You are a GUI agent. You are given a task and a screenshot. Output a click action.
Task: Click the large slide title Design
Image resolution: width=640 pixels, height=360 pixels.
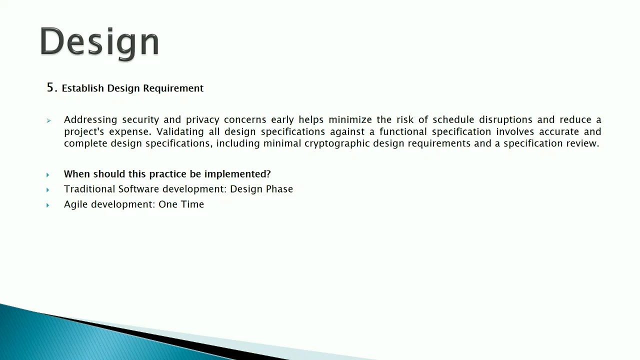[99, 42]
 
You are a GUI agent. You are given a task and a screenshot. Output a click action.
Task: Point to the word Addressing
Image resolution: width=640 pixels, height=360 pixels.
[90, 119]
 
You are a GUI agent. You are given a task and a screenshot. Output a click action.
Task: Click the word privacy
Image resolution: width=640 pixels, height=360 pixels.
[202, 119]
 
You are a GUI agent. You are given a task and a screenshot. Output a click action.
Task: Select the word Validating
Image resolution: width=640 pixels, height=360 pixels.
[180, 131]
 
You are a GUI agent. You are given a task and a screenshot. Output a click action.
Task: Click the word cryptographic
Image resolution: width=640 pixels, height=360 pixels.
[336, 143]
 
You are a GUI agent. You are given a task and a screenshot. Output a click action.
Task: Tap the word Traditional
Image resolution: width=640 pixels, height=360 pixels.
[89, 189]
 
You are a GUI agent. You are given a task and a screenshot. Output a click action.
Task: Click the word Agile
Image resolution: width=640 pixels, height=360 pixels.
[75, 204]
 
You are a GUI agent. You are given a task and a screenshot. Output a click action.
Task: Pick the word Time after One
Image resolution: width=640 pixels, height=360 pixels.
[192, 204]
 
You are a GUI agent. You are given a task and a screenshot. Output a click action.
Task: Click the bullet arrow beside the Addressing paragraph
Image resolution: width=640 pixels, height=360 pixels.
[48, 120]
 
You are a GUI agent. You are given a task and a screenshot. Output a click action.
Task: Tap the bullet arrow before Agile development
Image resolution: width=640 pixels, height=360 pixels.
[48, 205]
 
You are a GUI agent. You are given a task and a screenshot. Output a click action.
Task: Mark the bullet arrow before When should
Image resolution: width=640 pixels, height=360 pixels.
[48, 175]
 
